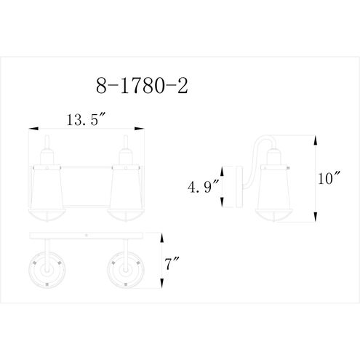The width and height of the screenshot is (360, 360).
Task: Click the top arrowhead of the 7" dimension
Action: pos(161,235)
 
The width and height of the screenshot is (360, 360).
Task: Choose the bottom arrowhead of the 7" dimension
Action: pos(161,288)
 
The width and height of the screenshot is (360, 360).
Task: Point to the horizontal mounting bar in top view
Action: pos(86,237)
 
